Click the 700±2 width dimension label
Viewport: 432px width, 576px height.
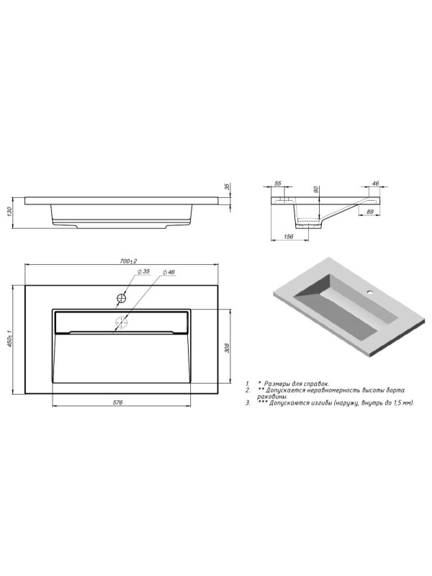point(128,261)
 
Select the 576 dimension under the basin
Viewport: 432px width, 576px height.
point(117,402)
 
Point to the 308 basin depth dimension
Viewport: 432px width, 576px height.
point(227,348)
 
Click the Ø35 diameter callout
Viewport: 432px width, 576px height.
point(143,271)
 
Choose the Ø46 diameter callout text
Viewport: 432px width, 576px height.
point(168,272)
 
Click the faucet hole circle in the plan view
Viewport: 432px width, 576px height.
point(122,298)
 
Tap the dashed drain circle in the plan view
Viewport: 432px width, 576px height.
point(121,322)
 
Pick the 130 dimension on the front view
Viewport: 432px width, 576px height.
point(10,212)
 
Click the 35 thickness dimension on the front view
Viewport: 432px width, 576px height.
point(227,187)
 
